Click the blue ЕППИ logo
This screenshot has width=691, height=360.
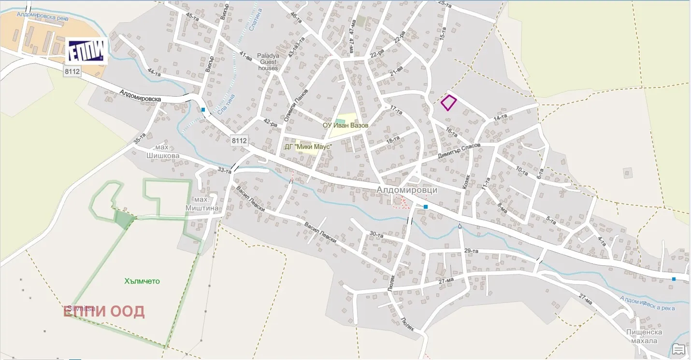point(86,51)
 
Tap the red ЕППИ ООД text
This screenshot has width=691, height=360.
point(104,312)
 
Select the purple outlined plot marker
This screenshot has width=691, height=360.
point(448,103)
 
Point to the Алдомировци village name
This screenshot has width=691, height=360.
point(407,190)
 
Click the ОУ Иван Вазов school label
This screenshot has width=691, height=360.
point(345,125)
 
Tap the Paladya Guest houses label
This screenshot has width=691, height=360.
point(268,62)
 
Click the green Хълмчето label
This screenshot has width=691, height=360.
point(142,281)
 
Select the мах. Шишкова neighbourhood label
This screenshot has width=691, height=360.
point(163,151)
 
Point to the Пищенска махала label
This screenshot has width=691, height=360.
point(644,336)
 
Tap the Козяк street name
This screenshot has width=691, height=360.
point(466,181)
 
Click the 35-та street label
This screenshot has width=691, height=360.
point(140,138)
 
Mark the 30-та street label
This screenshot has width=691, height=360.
point(376,235)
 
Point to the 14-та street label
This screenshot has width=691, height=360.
point(500,117)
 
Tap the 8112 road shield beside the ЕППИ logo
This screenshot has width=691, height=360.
point(72,72)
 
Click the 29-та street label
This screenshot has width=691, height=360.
point(471,251)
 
